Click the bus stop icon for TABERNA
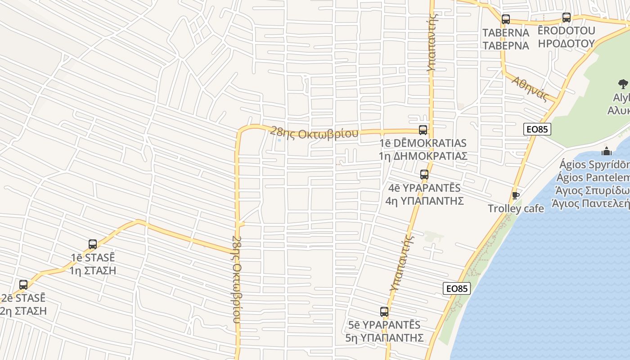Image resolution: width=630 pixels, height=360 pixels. tap(506, 19)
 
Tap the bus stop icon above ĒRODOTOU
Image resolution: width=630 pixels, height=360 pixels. tap(567, 18)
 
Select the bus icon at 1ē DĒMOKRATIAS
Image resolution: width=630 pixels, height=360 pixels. tap(423, 130)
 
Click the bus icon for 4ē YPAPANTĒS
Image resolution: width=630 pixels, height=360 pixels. tap(424, 175)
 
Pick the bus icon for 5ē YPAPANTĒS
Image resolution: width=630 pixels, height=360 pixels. tap(384, 312)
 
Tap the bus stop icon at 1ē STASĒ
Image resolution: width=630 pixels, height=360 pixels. tap(93, 244)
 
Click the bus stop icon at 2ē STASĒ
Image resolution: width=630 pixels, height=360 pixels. tap(23, 285)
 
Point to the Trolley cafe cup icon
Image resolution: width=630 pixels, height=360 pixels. tap(516, 195)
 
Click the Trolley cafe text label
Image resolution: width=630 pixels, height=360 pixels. tap(516, 208)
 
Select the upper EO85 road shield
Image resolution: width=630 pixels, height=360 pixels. tap(537, 129)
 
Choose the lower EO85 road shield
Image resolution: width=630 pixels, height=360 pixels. tap(457, 288)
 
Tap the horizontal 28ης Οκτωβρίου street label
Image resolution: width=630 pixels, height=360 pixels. tap(314, 134)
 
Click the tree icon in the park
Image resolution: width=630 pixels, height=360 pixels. tap(623, 84)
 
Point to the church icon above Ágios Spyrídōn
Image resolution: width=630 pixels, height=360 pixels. tap(607, 151)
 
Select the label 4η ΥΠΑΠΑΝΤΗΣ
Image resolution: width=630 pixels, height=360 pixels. tap(424, 201)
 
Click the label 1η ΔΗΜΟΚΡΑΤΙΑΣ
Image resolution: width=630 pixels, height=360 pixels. tap(423, 156)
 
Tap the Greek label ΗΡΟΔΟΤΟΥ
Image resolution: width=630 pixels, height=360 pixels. tap(566, 44)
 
